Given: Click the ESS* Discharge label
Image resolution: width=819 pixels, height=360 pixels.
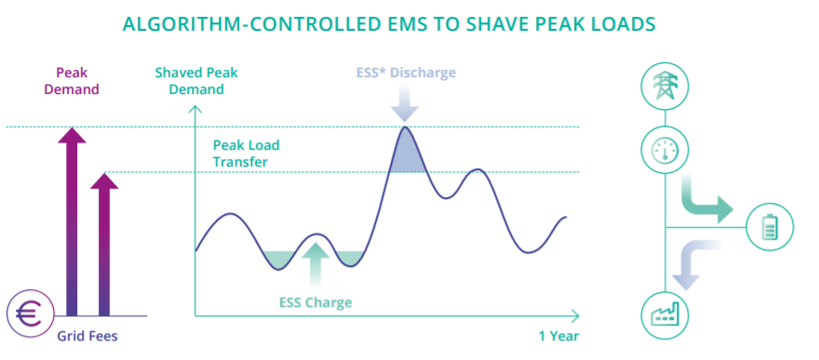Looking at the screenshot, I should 406,73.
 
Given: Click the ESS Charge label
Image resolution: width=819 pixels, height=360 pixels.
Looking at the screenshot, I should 316,302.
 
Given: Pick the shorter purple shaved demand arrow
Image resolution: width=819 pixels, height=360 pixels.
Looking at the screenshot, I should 104,242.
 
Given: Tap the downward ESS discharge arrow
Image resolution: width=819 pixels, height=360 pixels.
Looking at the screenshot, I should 404,101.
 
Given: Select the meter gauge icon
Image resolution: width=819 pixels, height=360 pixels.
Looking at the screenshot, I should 665,150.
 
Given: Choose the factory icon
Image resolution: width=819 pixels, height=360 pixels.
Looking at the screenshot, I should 665,314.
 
